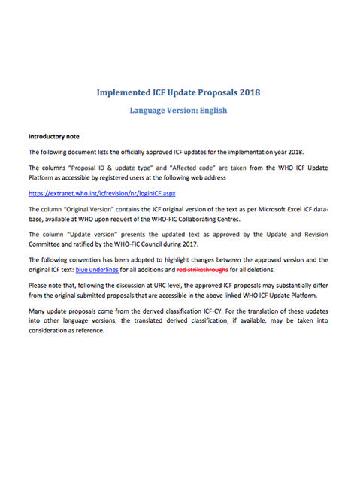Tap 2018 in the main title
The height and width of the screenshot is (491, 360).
pyautogui.click(x=247, y=93)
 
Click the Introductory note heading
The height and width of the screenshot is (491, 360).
pyautogui.click(x=59, y=137)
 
